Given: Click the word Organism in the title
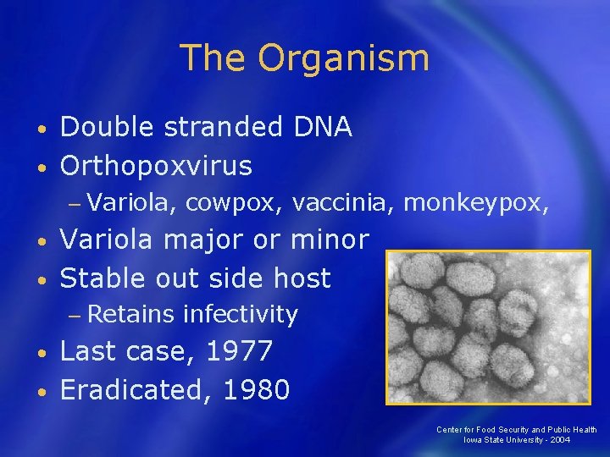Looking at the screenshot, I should pos(344,59).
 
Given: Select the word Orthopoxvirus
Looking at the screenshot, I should pos(156,166).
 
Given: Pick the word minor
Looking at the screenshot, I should pos(330,240).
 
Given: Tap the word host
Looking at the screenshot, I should pos(297,278).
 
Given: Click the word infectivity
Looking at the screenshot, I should pos(241,315).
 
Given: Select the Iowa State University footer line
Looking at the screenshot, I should pos(516,440).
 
